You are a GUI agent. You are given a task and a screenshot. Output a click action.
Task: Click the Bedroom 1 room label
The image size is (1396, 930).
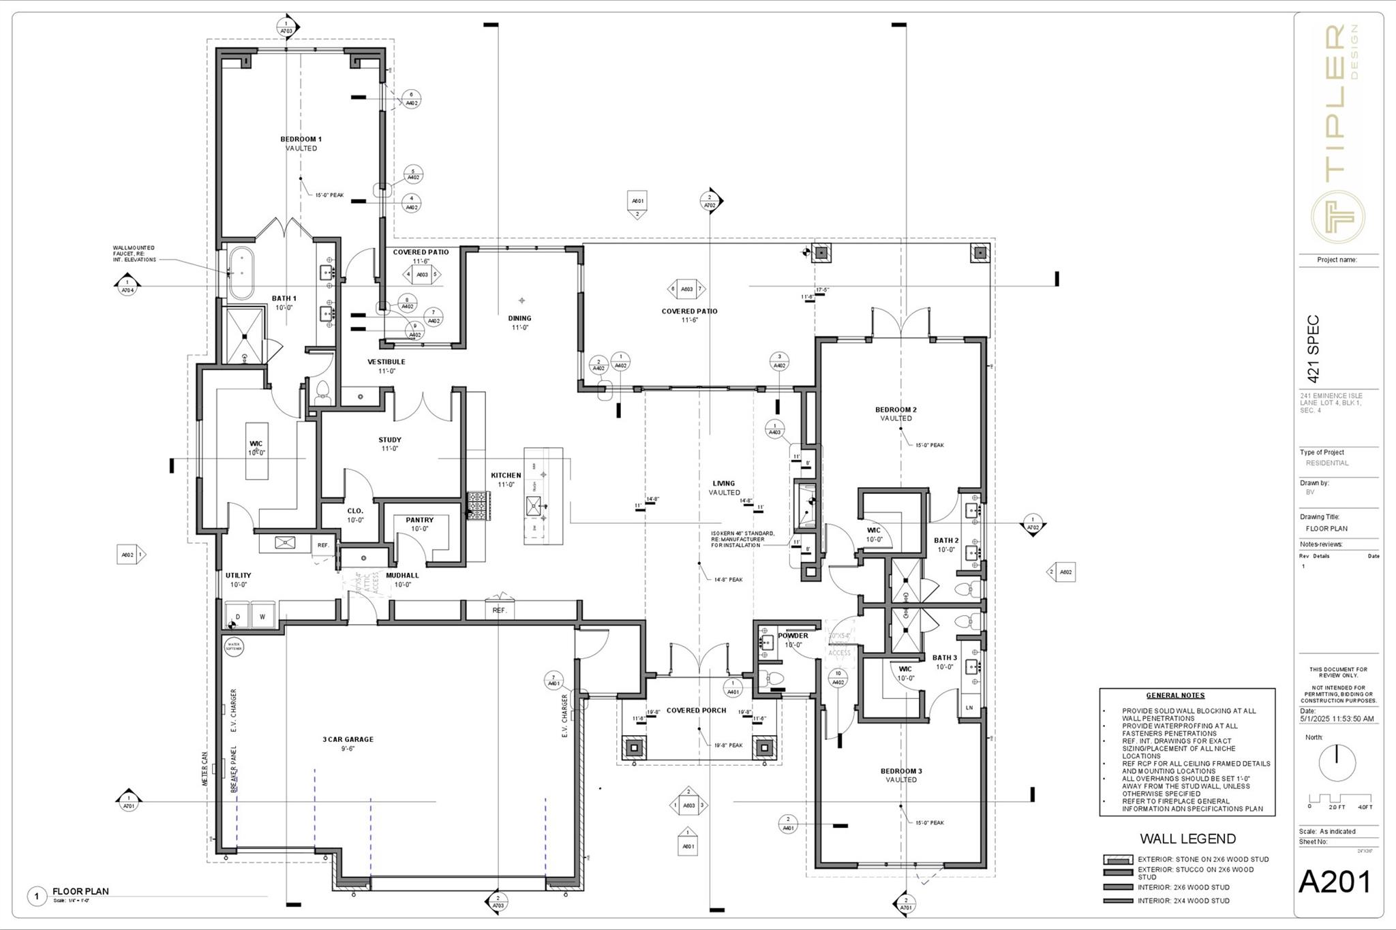pos(301,140)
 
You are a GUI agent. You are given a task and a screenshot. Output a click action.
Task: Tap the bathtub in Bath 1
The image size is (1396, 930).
pos(240,274)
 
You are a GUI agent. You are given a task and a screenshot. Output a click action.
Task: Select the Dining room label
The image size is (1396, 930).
pos(519,318)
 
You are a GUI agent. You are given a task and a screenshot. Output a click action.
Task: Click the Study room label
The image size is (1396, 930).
pos(390,440)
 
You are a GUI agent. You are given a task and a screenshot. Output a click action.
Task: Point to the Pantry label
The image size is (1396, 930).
pos(419,520)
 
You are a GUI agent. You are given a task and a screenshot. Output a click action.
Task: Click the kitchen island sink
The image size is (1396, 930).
pos(535,506)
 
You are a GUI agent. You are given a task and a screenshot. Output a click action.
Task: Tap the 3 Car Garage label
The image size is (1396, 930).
pos(348,739)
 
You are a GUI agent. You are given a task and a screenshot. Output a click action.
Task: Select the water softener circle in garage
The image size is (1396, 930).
pos(234,645)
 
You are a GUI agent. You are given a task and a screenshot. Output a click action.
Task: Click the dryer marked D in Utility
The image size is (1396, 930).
pos(238,616)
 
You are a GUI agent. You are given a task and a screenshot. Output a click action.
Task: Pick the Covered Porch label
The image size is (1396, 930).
pos(696,711)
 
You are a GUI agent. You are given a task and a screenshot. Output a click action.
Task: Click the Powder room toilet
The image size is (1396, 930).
pos(773,678)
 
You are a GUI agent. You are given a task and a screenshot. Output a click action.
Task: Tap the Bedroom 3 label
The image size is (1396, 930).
pos(901,771)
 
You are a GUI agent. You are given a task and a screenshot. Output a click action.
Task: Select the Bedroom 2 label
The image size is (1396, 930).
pos(896,410)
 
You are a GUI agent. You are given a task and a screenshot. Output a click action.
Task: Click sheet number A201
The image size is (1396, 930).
pos(1334,882)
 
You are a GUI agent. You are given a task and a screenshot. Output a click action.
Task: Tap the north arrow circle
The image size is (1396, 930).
pos(1337,762)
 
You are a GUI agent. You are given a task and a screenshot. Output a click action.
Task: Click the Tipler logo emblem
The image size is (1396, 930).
pos(1338,216)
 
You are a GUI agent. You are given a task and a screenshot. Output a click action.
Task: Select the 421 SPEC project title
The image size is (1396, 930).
pos(1314,349)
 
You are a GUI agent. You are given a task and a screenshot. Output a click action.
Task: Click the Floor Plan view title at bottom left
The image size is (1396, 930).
pos(80,891)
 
